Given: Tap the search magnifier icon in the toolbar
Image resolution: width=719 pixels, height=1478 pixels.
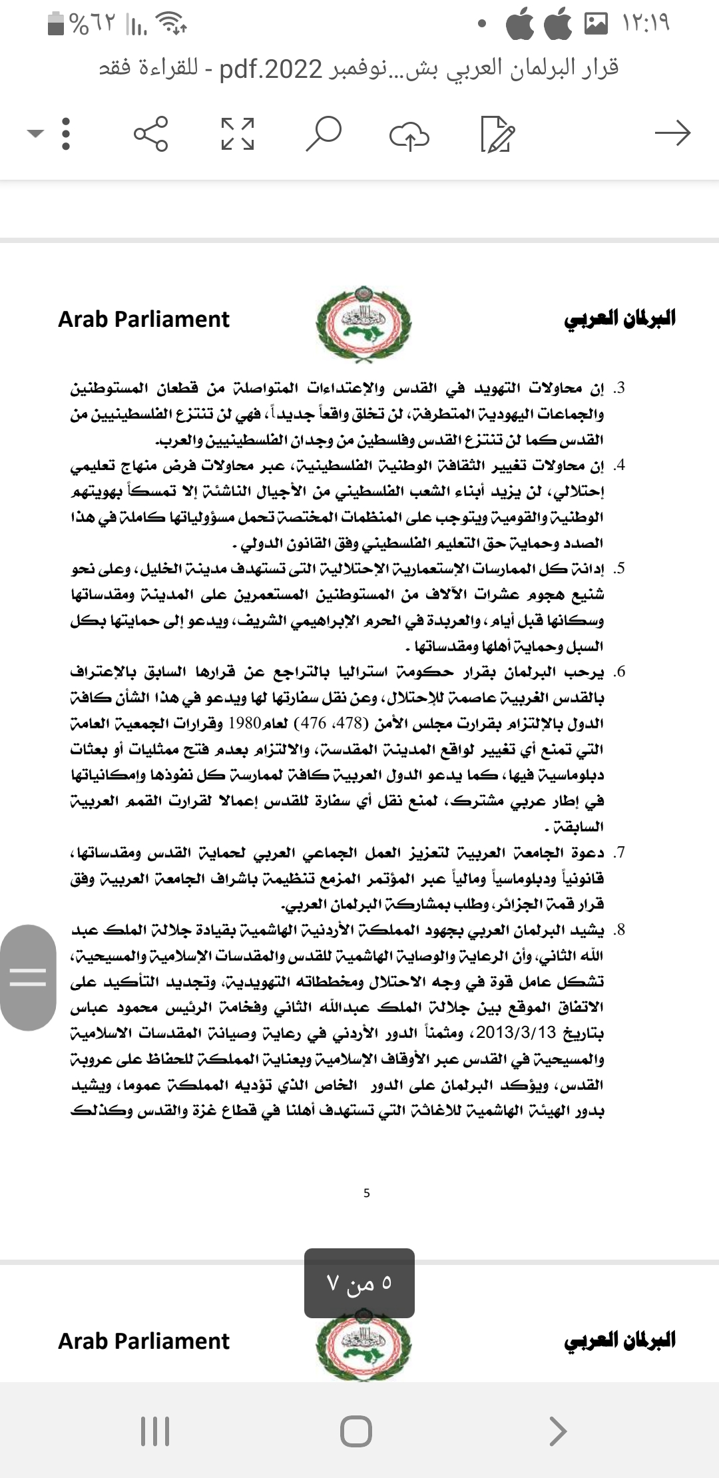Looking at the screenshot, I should pos(324,133).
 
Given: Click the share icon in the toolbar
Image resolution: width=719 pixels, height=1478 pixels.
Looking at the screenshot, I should pos(151,133).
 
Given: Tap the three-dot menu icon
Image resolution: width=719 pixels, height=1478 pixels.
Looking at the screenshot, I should pos(65,133).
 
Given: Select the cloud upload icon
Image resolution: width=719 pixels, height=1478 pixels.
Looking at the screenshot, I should pos(409,134).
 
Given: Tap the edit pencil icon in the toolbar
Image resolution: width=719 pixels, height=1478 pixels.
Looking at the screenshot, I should pos(497,134).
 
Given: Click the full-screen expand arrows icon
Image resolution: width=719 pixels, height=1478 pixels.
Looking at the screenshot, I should pos(238,133).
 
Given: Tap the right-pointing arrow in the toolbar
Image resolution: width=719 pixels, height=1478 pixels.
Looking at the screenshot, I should pos(672,133).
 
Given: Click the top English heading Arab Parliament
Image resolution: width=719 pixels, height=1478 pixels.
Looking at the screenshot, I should pos(144,320).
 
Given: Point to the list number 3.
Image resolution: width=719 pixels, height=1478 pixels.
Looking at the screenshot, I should pos(619,388).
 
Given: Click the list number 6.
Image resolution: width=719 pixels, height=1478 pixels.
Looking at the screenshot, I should pos(619,672).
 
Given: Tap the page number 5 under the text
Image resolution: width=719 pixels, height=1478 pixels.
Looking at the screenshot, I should pos(367,1193).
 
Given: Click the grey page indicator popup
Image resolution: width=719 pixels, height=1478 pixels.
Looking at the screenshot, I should pos(359,1282).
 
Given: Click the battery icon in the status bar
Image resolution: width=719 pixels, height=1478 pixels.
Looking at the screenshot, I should pos(56,25).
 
